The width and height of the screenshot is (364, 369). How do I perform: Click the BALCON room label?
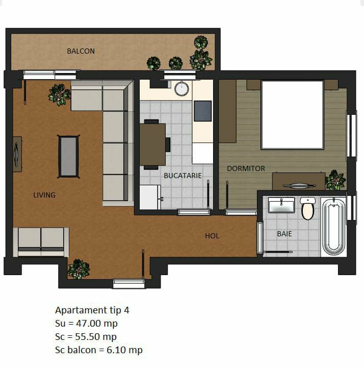[81, 51]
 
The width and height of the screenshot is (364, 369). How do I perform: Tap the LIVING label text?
[44, 195]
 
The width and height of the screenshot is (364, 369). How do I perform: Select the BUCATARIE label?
[183, 176]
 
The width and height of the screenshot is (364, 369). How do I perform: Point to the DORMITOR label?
[246, 168]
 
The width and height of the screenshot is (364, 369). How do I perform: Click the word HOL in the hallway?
[212, 236]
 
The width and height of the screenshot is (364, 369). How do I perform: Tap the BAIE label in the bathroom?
[284, 234]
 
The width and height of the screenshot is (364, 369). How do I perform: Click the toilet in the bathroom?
[307, 209]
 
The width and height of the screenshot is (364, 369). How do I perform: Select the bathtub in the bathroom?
[333, 227]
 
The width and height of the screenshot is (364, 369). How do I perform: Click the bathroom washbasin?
[281, 205]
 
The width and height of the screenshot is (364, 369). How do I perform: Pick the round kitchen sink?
[181, 89]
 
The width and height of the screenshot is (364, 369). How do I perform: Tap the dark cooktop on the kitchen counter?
[203, 111]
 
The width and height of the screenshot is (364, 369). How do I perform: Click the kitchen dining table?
[152, 144]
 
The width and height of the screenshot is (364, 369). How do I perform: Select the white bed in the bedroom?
[292, 115]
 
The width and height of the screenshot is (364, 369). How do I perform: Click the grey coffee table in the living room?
[68, 157]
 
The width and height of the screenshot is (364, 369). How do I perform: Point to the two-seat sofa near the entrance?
[41, 242]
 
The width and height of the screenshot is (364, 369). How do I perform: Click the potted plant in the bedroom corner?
[335, 180]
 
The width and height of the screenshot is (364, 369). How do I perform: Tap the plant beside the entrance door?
[79, 269]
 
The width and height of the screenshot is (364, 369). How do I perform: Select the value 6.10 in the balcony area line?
[116, 350]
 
